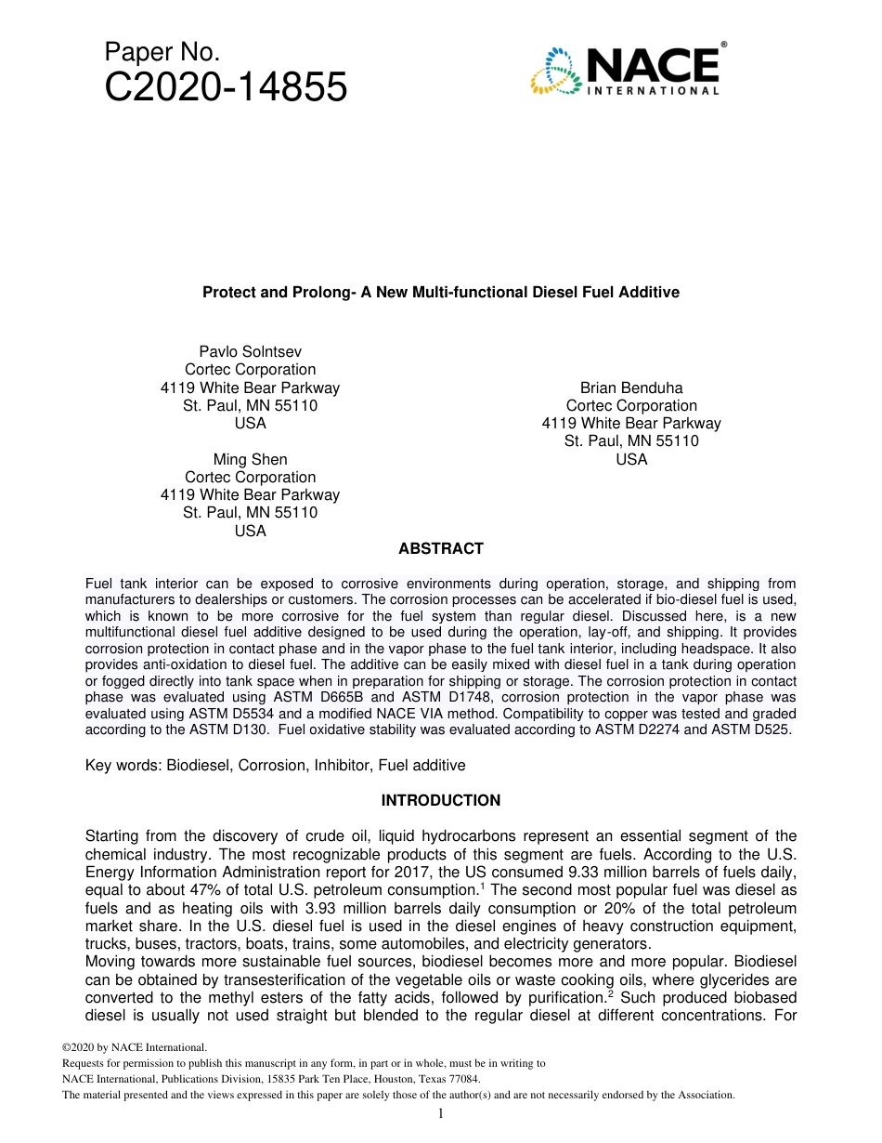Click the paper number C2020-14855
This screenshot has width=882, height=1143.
tap(226, 88)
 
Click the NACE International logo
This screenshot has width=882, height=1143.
tap(628, 69)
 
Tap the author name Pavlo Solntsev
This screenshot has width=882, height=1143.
tap(250, 351)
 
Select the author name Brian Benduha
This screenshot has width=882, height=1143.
tap(631, 388)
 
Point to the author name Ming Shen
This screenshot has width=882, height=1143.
tap(250, 459)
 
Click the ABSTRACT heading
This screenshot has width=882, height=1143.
tap(441, 549)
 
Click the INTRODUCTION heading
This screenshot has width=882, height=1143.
tap(441, 800)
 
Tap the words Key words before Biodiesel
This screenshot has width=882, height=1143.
tap(122, 766)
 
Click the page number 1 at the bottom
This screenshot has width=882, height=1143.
tap(441, 1113)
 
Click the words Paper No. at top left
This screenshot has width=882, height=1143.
tap(162, 53)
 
